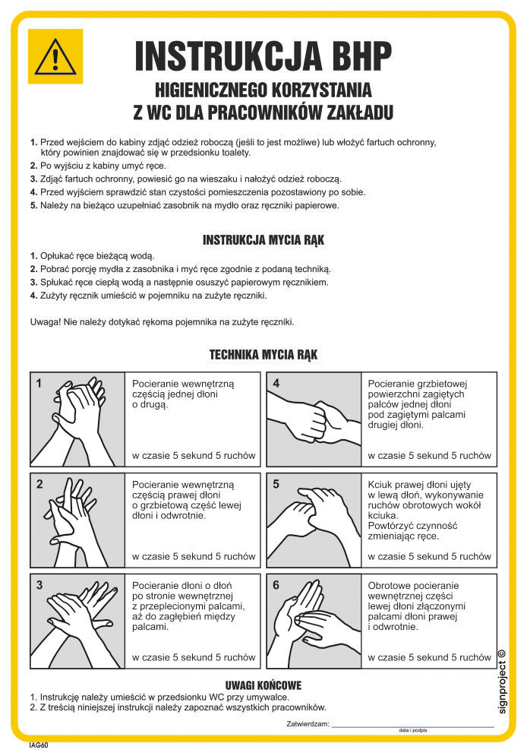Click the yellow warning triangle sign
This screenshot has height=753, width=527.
pyautogui.click(x=55, y=57)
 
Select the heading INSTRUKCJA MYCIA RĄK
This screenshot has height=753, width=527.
pyautogui.click(x=263, y=239)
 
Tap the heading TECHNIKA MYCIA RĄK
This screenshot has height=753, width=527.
pyautogui.click(x=263, y=354)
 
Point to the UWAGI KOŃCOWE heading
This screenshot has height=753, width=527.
pyautogui.click(x=263, y=685)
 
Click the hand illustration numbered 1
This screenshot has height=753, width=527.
pyautogui.click(x=77, y=419)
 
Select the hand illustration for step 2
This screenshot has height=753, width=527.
pyautogui.click(x=77, y=520)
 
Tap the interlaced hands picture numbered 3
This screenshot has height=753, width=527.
pyautogui.click(x=77, y=621)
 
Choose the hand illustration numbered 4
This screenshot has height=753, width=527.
pyautogui.click(x=314, y=419)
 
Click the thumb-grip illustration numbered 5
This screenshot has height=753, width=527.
pyautogui.click(x=314, y=520)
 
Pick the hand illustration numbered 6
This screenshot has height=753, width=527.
pyautogui.click(x=314, y=621)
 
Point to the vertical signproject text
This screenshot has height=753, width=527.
pyautogui.click(x=502, y=682)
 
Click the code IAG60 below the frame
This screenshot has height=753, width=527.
pyautogui.click(x=39, y=745)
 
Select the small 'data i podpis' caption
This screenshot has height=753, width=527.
pyautogui.click(x=413, y=730)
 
